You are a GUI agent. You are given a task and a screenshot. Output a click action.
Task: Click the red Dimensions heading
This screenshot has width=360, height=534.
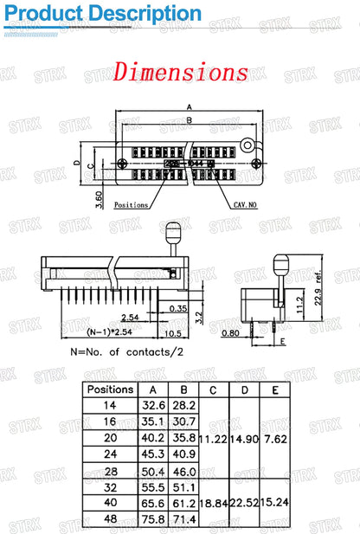(x=180, y=71)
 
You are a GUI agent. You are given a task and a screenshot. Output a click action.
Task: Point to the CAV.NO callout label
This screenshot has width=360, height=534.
(x=246, y=205)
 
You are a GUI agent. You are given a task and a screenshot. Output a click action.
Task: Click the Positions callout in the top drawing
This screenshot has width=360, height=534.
(x=131, y=205)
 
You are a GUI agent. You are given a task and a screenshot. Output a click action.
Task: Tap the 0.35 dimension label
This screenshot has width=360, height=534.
(x=179, y=308)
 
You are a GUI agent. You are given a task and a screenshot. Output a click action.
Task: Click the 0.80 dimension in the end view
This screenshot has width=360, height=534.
(x=231, y=332)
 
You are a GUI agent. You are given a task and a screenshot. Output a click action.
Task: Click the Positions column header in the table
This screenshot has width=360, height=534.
(x=110, y=389)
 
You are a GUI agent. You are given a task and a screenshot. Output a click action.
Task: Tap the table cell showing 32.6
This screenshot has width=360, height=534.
(x=153, y=405)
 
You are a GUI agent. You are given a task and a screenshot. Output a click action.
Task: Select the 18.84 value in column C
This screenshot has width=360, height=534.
(x=212, y=502)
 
